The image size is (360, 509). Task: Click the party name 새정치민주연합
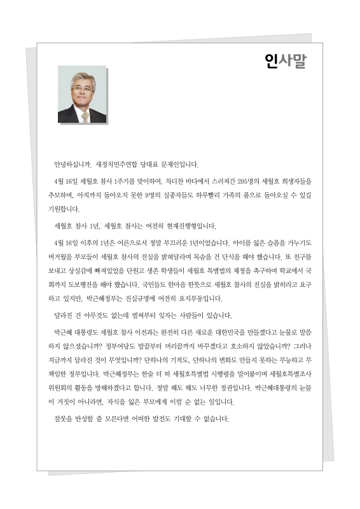[121, 163]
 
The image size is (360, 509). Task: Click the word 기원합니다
[68, 210]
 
